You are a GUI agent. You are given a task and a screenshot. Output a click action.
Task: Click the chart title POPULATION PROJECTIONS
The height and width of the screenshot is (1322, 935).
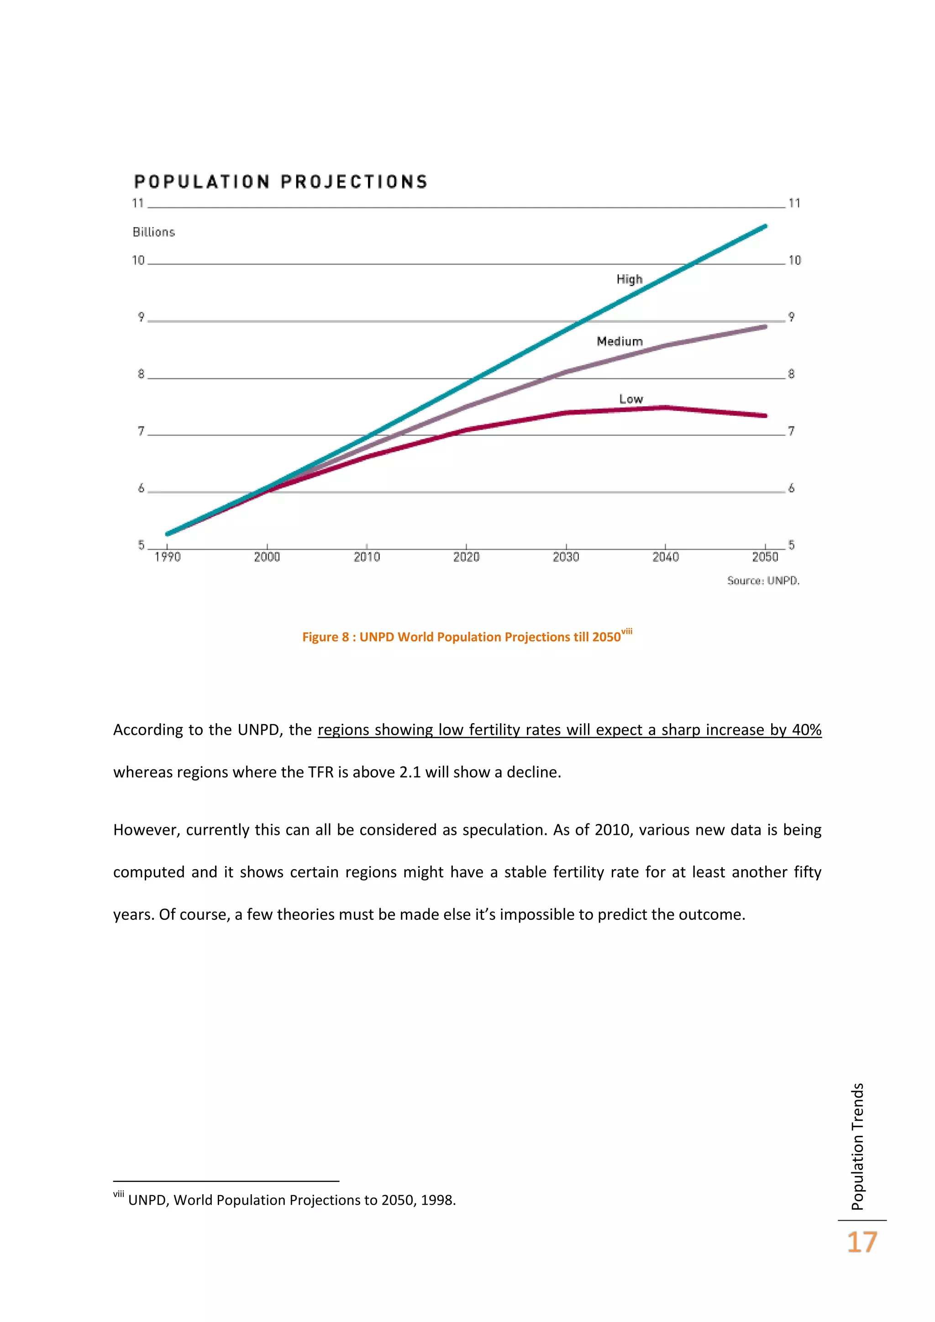click(x=280, y=182)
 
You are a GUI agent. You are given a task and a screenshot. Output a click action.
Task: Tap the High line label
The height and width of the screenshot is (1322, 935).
click(x=629, y=279)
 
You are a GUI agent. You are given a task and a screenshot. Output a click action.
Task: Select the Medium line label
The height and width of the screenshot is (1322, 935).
click(x=620, y=341)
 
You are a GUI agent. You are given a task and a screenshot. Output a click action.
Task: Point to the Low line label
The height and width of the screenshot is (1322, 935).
click(x=630, y=399)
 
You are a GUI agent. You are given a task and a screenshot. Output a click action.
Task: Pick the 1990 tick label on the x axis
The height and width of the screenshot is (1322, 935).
click(x=167, y=557)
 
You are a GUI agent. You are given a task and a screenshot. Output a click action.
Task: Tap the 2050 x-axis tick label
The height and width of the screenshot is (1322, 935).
click(x=765, y=557)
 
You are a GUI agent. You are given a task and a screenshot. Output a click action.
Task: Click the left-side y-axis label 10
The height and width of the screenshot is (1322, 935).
click(x=138, y=260)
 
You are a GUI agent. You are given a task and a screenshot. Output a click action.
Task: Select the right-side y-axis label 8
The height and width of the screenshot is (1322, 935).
click(x=791, y=374)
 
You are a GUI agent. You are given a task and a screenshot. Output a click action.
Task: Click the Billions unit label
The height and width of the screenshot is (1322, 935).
click(x=154, y=232)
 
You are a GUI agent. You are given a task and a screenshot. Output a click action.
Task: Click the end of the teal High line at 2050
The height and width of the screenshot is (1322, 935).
click(x=765, y=226)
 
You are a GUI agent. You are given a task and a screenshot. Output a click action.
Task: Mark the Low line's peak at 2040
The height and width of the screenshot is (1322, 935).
click(x=666, y=408)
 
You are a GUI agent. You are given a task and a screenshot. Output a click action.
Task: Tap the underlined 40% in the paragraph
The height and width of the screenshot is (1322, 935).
click(x=806, y=729)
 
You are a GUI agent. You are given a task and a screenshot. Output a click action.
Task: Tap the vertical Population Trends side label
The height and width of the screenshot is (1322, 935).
click(x=857, y=1146)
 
